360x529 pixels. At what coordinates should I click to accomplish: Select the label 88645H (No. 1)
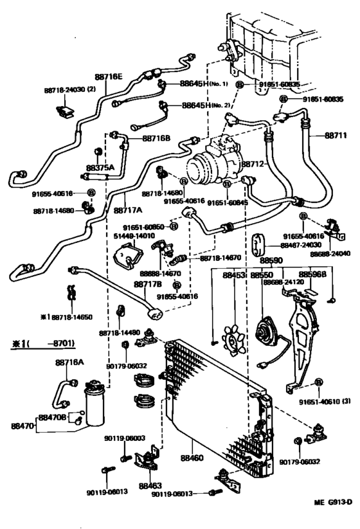[206, 84]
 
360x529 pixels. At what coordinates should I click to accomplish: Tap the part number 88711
[335, 135]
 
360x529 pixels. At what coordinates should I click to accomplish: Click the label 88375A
[100, 168]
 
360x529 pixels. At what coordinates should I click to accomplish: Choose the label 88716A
[69, 363]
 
